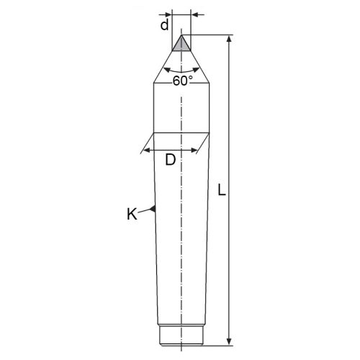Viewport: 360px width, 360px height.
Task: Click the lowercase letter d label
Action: point(165,24)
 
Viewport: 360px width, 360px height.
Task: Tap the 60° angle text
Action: point(183,81)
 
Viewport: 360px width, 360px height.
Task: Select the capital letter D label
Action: point(171,160)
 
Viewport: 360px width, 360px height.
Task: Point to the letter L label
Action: point(222,190)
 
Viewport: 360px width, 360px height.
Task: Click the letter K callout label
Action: point(132,214)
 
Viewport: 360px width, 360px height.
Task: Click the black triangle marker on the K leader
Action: point(153,209)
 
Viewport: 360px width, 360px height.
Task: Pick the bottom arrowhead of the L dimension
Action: point(229,341)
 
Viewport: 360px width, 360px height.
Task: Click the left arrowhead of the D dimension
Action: point(147,150)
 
